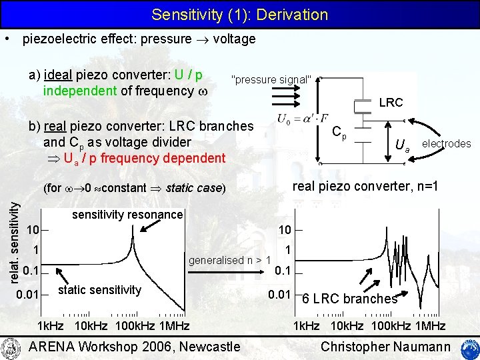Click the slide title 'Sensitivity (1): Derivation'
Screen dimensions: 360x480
coord(240,15)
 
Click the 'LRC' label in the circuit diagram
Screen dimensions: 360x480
coord(391,103)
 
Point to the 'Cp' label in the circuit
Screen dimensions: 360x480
coord(339,133)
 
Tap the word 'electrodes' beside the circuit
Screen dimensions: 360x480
coord(446,143)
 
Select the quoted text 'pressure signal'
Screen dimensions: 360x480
coord(271,80)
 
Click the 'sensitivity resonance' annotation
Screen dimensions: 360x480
coord(127,214)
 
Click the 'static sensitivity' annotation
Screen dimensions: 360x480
coord(100,289)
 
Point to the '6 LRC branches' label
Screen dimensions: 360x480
coord(350,299)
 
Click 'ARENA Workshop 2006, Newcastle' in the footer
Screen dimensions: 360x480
coord(135,346)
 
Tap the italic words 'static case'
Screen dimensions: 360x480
coord(194,188)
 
